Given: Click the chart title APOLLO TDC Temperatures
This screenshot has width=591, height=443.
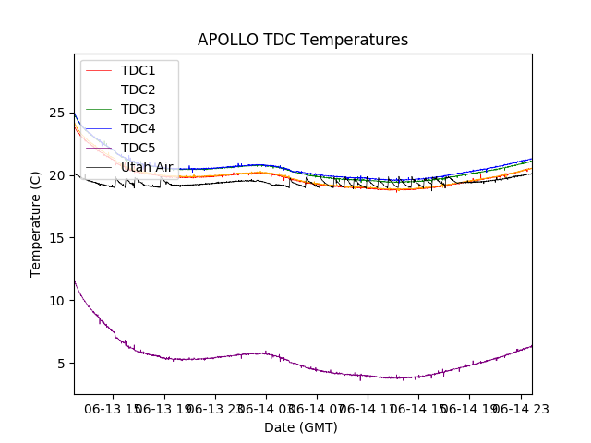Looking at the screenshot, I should tap(303, 40).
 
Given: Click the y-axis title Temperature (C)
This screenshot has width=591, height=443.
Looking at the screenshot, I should tap(36, 224).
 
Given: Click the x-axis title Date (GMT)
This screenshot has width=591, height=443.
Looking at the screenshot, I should tap(301, 427).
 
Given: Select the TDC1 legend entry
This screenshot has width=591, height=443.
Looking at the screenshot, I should tap(139, 70).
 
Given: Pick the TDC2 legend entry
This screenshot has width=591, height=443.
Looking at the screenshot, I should tap(139, 90).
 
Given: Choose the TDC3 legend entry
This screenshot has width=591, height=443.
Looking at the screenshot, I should tap(139, 109).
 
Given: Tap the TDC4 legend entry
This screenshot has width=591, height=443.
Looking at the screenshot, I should tap(139, 128).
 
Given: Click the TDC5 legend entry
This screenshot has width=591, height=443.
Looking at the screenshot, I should tap(139, 148).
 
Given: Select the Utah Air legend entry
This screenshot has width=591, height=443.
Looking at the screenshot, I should tap(147, 167).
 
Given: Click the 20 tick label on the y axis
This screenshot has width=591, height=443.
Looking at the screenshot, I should tap(57, 175).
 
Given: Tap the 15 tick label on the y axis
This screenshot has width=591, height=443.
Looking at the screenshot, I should tap(57, 238).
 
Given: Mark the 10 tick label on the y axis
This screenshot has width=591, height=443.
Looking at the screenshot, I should tap(57, 301).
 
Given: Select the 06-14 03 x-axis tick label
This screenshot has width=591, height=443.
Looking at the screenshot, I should tap(265, 408).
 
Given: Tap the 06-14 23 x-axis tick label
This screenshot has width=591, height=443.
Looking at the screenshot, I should tap(522, 408).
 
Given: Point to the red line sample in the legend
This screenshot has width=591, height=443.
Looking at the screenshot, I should tap(98, 70).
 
